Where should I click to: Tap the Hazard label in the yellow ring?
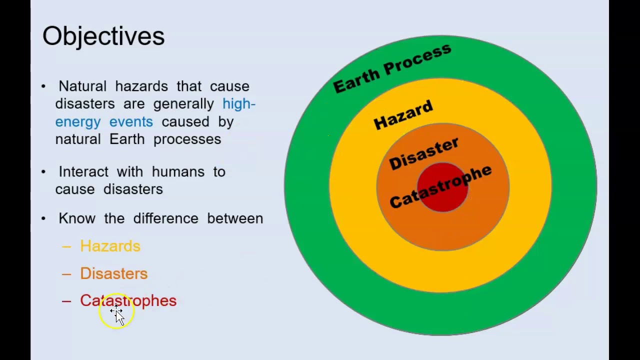(x=403, y=115)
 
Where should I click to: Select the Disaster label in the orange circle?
(x=423, y=154)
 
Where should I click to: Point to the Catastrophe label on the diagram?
(x=440, y=186)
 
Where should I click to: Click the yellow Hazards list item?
(x=110, y=246)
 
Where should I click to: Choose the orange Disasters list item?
(x=113, y=273)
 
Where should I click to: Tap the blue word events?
(x=131, y=122)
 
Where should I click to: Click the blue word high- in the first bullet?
(x=239, y=104)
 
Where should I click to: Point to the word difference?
(x=165, y=218)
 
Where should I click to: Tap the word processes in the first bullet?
(x=187, y=139)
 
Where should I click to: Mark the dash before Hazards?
(x=66, y=246)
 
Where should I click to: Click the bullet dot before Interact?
(x=43, y=171)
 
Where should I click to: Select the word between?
(x=235, y=218)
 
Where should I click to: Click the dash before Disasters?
(x=66, y=274)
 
